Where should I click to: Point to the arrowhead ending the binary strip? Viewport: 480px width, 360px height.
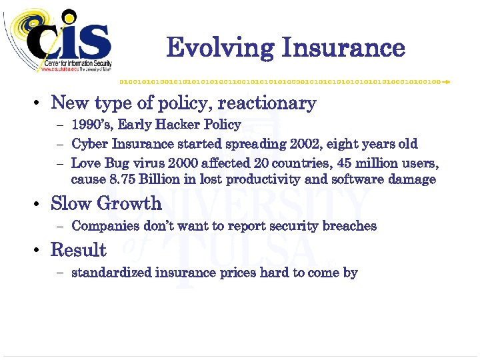click(447, 81)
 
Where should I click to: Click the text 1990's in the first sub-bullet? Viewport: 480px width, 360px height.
click(90, 125)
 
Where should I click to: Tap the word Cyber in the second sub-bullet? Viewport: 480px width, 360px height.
click(89, 144)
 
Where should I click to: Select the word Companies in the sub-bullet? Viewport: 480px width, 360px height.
click(102, 226)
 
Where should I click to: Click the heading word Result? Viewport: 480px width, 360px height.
click(79, 250)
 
